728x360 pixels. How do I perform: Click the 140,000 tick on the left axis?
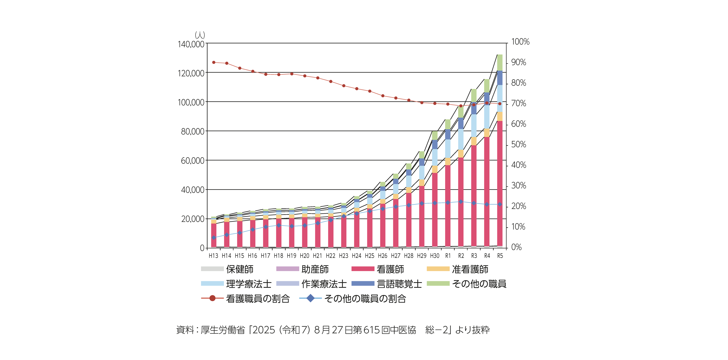(x=191, y=44)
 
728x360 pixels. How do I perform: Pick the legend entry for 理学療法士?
(x=248, y=284)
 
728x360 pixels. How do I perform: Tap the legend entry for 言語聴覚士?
(x=399, y=284)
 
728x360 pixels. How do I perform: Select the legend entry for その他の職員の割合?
(x=365, y=299)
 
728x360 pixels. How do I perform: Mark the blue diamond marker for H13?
(x=214, y=238)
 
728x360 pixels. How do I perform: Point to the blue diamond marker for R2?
(x=461, y=202)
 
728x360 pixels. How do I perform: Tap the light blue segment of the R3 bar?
(x=474, y=126)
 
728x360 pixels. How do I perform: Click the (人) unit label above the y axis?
(x=200, y=35)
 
